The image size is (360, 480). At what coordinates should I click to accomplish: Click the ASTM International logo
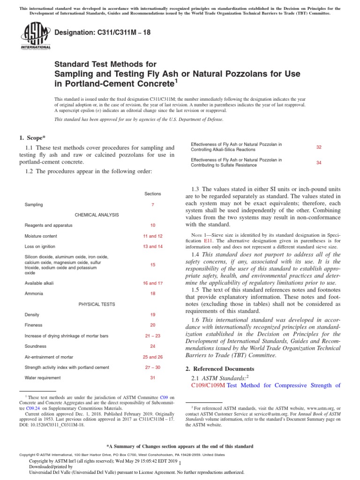(x=35, y=36)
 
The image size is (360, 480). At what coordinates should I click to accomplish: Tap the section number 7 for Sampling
(x=153, y=205)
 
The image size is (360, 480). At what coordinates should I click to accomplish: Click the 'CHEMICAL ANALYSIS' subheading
(x=97, y=215)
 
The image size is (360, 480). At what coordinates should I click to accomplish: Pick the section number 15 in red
(x=153, y=265)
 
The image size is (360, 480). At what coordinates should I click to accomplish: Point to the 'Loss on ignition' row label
(x=40, y=246)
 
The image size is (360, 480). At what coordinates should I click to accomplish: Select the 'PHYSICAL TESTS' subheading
(x=97, y=304)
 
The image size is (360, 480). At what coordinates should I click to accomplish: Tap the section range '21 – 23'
(x=153, y=336)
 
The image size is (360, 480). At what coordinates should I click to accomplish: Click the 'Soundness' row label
(x=35, y=346)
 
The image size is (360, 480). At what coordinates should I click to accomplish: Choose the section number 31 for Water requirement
(x=153, y=377)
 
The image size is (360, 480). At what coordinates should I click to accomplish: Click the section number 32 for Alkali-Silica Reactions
(x=319, y=147)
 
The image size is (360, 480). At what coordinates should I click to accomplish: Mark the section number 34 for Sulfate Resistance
(x=319, y=163)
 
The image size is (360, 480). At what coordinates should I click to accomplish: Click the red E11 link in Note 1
(x=209, y=240)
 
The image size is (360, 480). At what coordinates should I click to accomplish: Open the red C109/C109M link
(x=209, y=385)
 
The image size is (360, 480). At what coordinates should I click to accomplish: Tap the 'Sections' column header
(x=153, y=194)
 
